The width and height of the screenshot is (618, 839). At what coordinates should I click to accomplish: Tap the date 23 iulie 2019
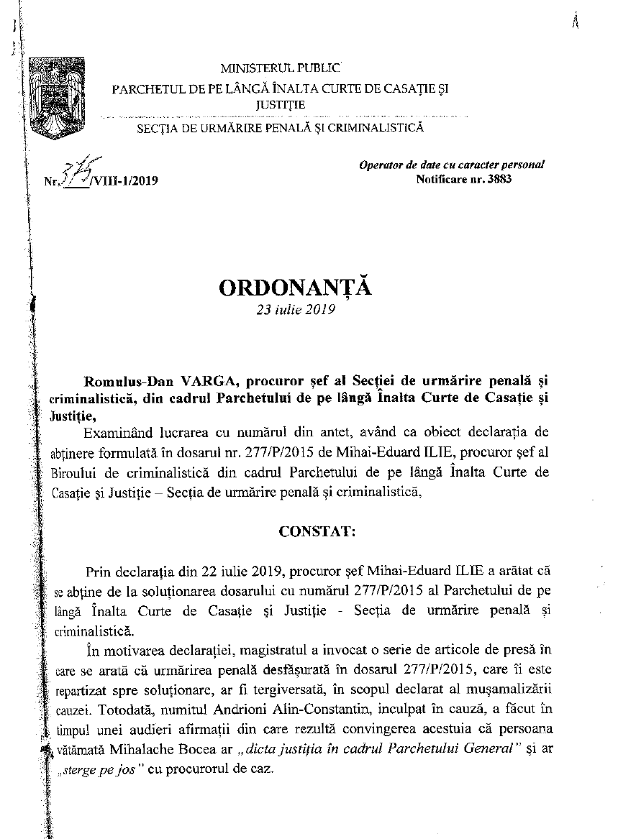[295, 312]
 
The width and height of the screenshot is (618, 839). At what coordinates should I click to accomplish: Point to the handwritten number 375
[76, 173]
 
